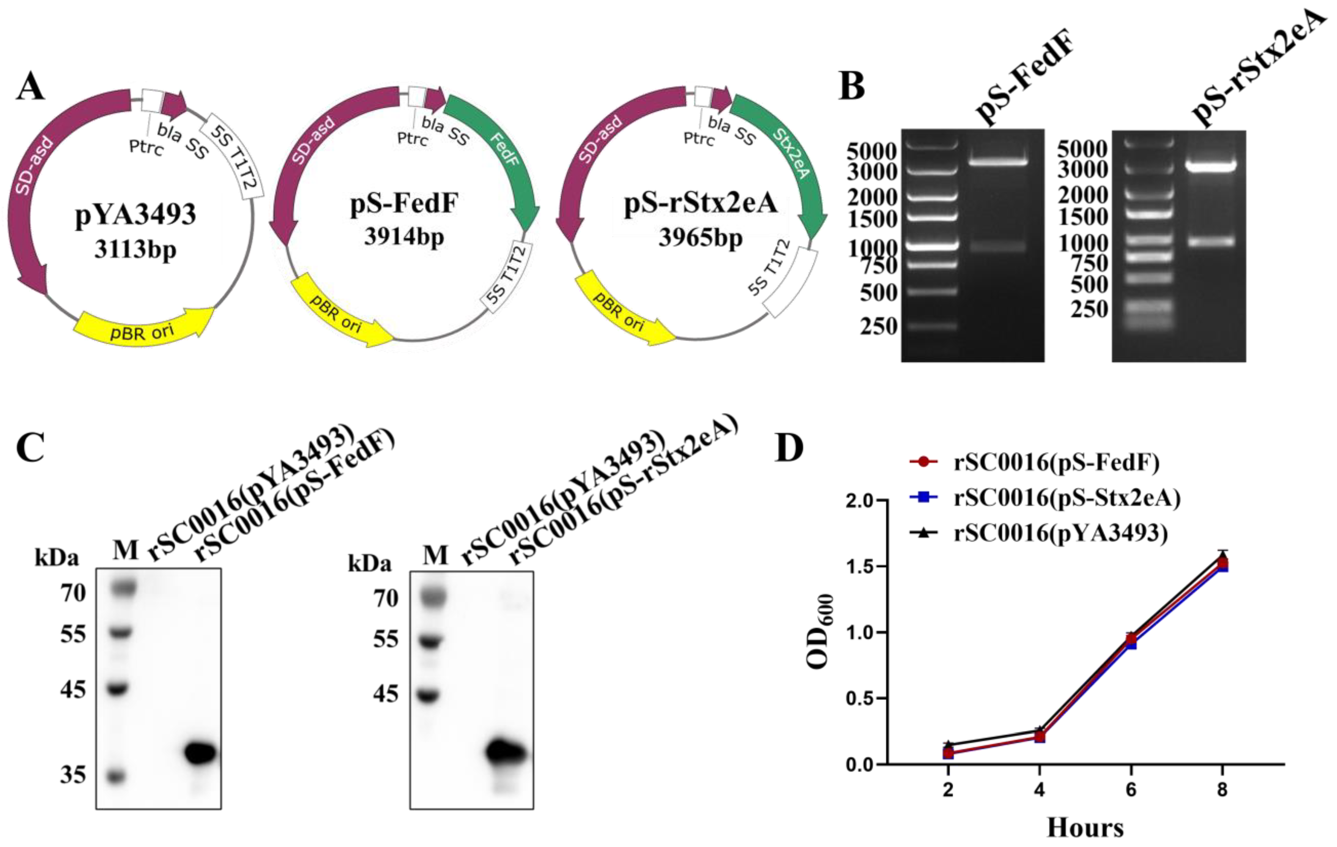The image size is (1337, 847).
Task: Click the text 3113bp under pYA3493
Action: click(135, 249)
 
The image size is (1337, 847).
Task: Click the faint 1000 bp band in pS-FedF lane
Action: click(998, 246)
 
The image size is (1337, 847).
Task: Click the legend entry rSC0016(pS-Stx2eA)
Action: click(1066, 497)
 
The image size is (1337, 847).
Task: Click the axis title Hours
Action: click(1085, 828)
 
